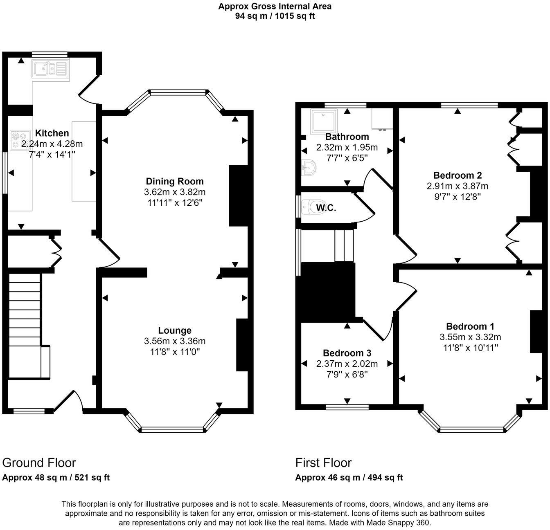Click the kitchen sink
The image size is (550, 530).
pos(51,69)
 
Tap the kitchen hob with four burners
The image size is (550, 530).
pos(20,140)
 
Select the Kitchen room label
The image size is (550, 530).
pos(52,133)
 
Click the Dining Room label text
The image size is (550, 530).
pos(175,181)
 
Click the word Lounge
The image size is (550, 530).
pos(175,330)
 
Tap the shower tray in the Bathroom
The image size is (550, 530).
pos(324,121)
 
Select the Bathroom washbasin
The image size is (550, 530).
pos(309,168)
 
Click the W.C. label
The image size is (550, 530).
pos(326,208)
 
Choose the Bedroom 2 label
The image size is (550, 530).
pos(457,175)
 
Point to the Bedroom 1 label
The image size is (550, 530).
pos(470,326)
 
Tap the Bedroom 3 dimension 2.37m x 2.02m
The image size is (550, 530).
pos(347,364)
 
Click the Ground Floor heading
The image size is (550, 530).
pos(39,463)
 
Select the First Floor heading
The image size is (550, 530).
pos(323,463)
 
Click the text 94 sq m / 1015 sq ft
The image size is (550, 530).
pos(275,16)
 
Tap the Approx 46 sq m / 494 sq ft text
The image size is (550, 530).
pos(349,478)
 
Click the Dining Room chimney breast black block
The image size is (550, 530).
pos(238,195)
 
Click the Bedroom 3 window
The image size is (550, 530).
pos(347,407)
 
